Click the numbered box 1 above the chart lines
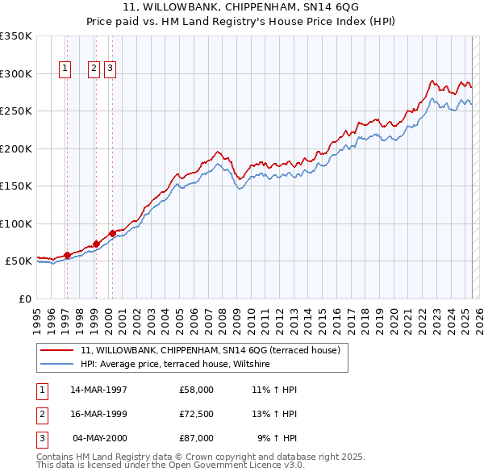click(65, 69)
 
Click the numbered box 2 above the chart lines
click(94, 69)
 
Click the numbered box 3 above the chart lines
click(110, 69)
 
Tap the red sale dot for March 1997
click(68, 255)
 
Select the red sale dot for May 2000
click(112, 233)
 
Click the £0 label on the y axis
click(24, 299)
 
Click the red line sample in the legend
click(57, 351)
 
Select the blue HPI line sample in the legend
click(57, 365)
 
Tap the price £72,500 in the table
click(197, 414)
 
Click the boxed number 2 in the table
click(41, 414)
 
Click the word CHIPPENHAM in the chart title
click(249, 6)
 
